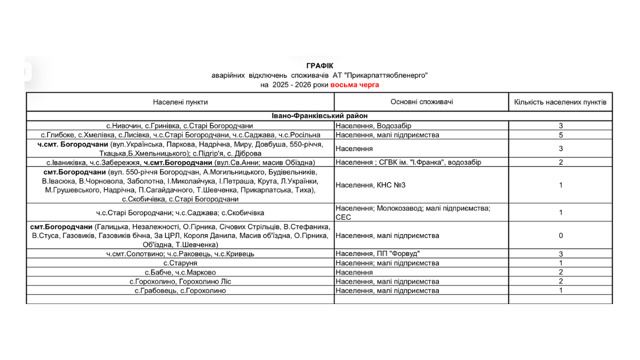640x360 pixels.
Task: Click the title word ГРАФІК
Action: point(319,66)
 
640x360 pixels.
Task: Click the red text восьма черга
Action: point(355,85)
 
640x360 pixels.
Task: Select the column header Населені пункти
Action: point(180,102)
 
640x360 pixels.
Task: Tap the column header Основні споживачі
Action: point(421,102)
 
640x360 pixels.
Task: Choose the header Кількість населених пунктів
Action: point(560,102)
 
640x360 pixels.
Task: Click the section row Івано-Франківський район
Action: point(319,116)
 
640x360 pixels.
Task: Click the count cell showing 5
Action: point(561,135)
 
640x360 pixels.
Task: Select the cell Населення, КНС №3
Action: point(370,185)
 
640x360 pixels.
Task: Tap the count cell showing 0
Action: point(561,235)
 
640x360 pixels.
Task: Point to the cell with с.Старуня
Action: point(180,263)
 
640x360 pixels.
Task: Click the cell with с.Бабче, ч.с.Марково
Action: point(180,272)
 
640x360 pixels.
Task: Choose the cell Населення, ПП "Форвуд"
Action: point(374,254)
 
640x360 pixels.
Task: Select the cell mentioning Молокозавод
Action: point(413,208)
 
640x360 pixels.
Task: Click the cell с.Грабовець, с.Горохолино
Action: point(180,291)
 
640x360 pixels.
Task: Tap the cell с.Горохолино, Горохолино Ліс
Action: point(180,281)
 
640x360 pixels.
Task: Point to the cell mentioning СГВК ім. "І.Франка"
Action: point(408,162)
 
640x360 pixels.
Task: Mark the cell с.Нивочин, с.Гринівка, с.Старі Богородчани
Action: point(180,126)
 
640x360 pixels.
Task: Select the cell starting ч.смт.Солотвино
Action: point(180,254)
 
